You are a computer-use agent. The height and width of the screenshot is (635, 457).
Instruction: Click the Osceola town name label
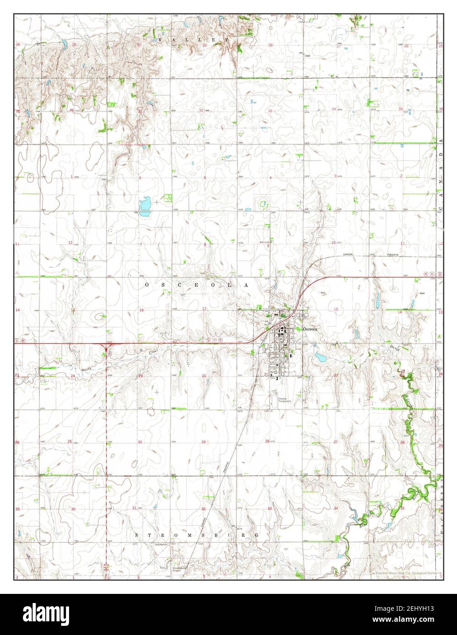click(x=309, y=328)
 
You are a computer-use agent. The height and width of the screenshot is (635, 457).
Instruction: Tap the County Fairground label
click(x=285, y=400)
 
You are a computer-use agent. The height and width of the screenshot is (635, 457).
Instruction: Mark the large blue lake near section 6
click(x=145, y=206)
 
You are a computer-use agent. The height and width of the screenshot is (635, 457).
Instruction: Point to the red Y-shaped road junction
click(x=107, y=349)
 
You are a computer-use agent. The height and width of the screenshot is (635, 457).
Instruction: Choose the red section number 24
click(x=73, y=376)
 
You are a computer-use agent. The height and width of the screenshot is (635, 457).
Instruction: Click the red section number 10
click(x=333, y=243)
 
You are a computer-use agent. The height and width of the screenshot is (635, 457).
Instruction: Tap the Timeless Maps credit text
click(x=404, y=572)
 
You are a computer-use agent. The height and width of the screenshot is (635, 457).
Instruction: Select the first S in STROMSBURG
click(x=137, y=534)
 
